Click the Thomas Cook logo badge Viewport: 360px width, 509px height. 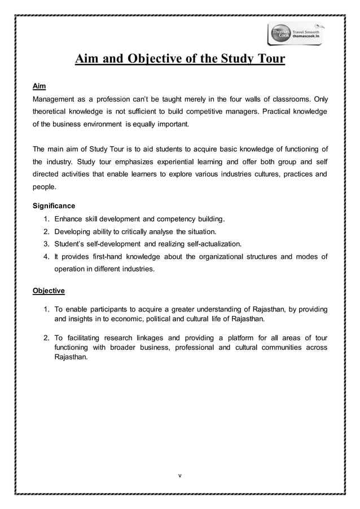click(x=279, y=34)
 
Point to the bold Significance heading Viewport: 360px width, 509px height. click(x=54, y=206)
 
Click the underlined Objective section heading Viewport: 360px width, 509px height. click(x=49, y=291)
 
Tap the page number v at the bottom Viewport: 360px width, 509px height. click(x=179, y=475)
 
